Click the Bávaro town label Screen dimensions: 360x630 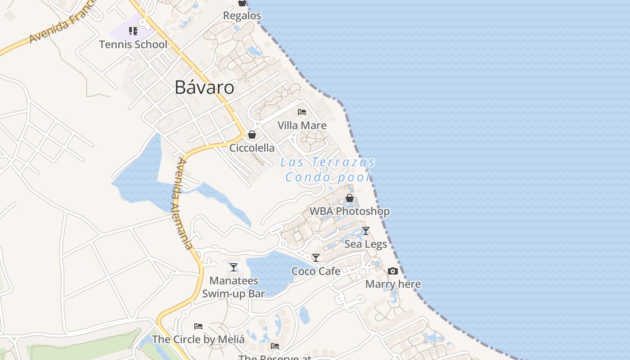click(x=204, y=87)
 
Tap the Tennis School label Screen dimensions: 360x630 click(x=133, y=45)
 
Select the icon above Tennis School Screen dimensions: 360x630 click(x=133, y=31)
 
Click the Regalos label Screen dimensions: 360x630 click(x=242, y=16)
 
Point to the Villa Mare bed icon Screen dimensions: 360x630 click(x=302, y=112)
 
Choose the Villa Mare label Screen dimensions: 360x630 click(x=302, y=125)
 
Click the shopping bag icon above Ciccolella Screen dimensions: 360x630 click(x=252, y=135)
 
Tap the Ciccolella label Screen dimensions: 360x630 click(x=252, y=148)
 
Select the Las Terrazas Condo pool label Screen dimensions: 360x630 click(x=328, y=169)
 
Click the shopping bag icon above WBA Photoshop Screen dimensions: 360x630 click(x=350, y=198)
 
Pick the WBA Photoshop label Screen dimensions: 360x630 click(x=350, y=211)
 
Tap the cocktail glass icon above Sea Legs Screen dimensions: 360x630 click(x=366, y=231)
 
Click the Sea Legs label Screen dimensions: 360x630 click(x=366, y=244)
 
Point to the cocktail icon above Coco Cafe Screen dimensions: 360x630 click(x=316, y=258)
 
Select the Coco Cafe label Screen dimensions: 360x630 click(x=316, y=271)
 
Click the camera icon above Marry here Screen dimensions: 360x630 click(x=393, y=271)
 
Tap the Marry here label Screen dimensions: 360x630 click(x=393, y=284)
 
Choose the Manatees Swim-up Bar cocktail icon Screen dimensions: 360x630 click(x=234, y=267)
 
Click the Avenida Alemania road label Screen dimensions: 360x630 click(x=185, y=203)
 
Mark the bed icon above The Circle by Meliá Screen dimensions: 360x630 click(x=198, y=326)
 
